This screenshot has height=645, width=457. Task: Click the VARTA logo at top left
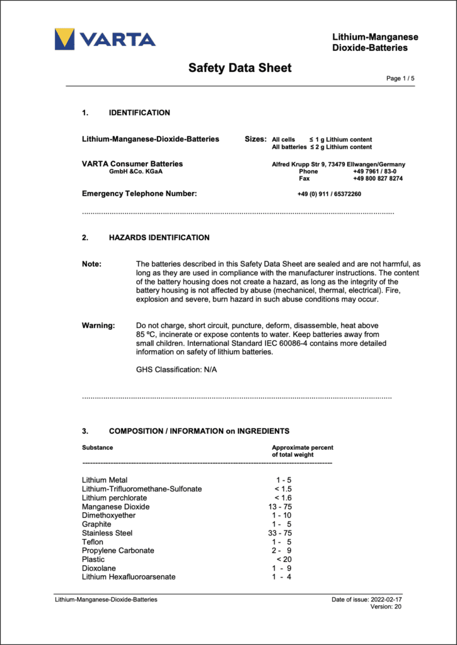pyautogui.click(x=105, y=39)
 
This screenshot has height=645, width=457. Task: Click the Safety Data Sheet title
pyautogui.click(x=240, y=68)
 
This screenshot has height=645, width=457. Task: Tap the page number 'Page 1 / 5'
pyautogui.click(x=400, y=79)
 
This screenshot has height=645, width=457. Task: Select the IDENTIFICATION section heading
pyautogui.click(x=139, y=113)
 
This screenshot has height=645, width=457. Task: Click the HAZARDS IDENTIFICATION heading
pyautogui.click(x=159, y=237)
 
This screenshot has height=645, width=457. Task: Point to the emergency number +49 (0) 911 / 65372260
pyautogui.click(x=329, y=194)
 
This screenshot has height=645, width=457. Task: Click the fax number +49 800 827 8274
pyautogui.click(x=378, y=178)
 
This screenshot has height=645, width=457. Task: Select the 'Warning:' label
pyautogui.click(x=98, y=326)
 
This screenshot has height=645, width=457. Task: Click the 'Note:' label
pyautogui.click(x=92, y=264)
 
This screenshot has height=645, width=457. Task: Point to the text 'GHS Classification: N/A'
pyautogui.click(x=176, y=369)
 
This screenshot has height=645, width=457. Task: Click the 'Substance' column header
pyautogui.click(x=98, y=447)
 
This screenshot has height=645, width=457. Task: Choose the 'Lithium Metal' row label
pyautogui.click(x=105, y=480)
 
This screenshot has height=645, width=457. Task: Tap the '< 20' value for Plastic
pyautogui.click(x=283, y=559)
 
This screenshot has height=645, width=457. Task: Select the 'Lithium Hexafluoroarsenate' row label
pyautogui.click(x=129, y=577)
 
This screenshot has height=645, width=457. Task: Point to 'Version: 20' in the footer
pyautogui.click(x=386, y=607)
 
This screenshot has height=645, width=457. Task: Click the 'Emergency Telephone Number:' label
pyautogui.click(x=139, y=194)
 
